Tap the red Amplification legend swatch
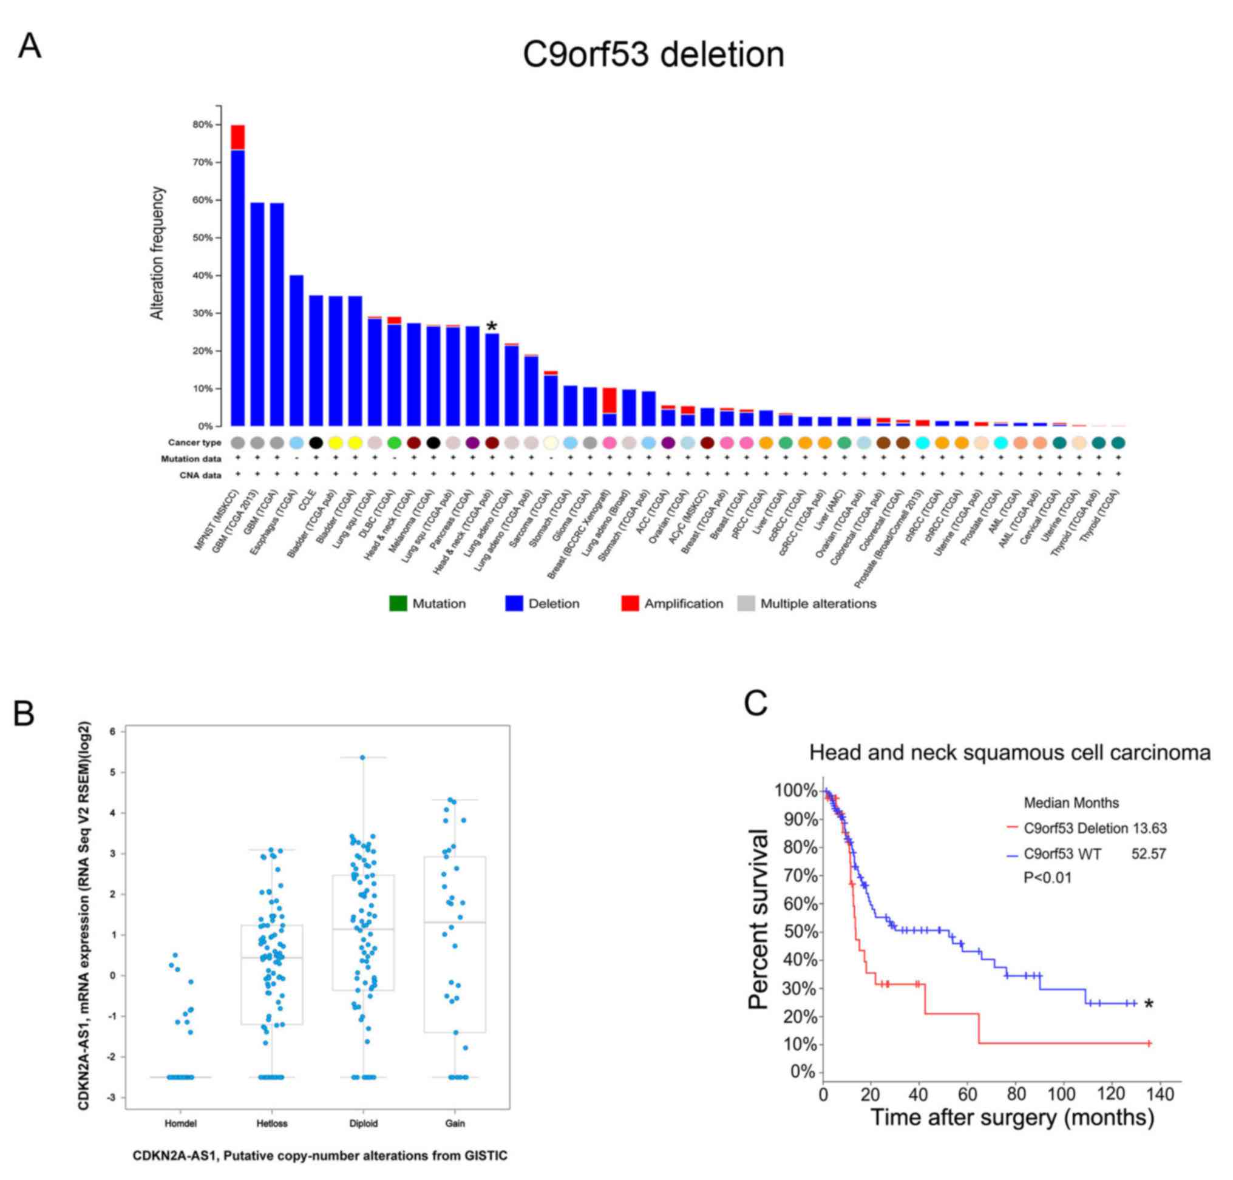(630, 604)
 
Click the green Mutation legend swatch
(398, 604)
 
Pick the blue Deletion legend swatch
(514, 604)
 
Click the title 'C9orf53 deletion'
(653, 55)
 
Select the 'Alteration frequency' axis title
(157, 253)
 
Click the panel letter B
(24, 714)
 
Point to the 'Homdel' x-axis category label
(180, 1123)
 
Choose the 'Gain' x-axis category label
(455, 1123)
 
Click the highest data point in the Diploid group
(362, 758)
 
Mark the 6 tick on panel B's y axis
(112, 731)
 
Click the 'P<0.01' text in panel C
(1047, 878)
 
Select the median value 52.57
(1149, 853)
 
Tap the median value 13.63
(1149, 829)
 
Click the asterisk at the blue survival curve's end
(1149, 1005)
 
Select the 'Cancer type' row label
(194, 443)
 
